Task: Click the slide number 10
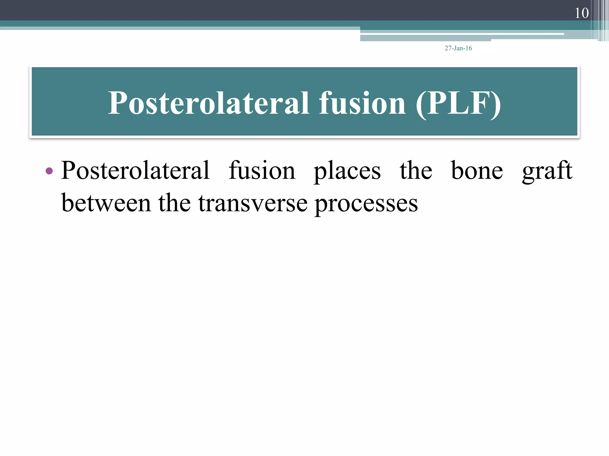581,13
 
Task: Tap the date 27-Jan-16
458,48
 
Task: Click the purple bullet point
49,171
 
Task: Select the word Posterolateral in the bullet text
135,170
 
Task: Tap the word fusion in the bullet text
262,170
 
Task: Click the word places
347,172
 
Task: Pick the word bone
477,170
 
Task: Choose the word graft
547,172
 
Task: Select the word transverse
253,204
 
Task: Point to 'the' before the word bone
416,170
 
